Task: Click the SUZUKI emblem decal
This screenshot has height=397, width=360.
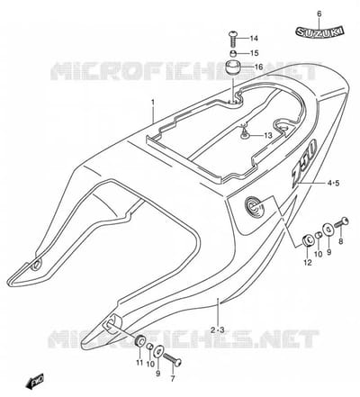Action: tap(319, 32)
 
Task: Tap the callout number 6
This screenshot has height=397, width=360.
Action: tap(319, 14)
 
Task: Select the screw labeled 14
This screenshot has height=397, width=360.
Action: tap(233, 39)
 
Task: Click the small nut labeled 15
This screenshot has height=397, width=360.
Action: tap(233, 54)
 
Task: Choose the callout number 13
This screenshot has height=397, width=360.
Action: tap(268, 136)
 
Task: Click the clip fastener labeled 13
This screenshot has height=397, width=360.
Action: tap(246, 132)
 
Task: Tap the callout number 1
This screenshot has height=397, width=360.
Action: tap(153, 103)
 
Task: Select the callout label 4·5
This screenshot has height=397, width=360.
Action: tap(333, 183)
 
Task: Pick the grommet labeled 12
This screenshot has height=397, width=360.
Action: tap(307, 241)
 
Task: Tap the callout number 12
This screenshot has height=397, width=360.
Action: tap(308, 263)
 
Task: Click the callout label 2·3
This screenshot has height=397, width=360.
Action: tap(218, 330)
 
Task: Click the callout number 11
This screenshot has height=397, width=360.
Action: tap(139, 363)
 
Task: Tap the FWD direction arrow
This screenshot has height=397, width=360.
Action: tap(35, 382)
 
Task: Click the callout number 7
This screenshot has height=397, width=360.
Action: tap(173, 379)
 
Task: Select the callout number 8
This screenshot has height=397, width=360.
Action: tap(340, 241)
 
